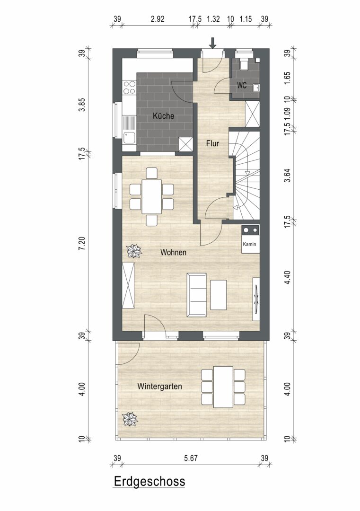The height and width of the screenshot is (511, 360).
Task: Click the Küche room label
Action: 164,116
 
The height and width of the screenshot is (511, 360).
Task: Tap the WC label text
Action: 242,86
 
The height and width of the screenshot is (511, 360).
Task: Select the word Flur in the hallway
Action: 212,143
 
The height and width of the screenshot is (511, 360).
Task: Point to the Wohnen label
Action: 173,252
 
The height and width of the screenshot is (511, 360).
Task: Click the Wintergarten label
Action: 159,387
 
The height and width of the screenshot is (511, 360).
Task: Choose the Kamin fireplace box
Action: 251,239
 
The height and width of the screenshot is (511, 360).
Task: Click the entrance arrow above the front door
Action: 213,43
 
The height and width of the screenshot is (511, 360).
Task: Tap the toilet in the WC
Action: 244,64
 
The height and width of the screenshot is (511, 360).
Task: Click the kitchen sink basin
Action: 129,138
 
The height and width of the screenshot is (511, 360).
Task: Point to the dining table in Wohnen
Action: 151,196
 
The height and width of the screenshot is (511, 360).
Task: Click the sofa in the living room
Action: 196,295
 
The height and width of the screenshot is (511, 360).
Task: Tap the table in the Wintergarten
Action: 223,387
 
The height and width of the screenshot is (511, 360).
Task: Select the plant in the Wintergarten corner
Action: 130,419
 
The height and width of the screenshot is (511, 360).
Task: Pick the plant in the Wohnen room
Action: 134,251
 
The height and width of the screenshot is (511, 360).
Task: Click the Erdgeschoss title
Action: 149,481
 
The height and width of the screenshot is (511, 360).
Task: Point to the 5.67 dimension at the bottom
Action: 191,458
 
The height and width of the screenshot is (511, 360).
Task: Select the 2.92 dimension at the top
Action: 158,19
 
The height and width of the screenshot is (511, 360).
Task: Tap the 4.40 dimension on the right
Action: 287,277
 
